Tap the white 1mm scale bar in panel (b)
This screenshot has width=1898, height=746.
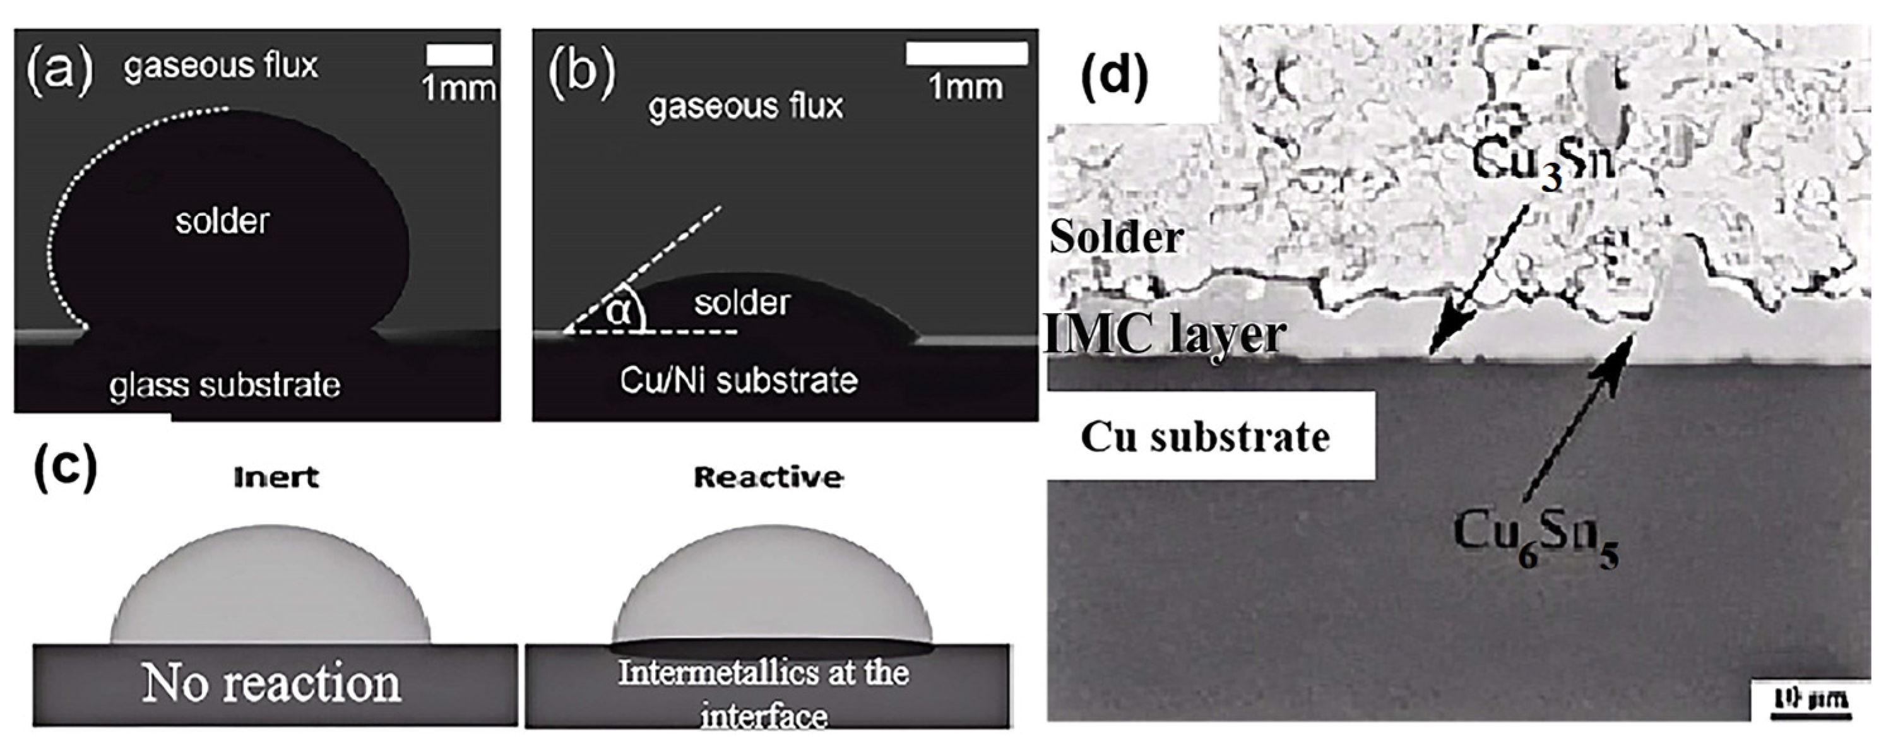[966, 53]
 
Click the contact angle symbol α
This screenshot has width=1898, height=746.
[620, 312]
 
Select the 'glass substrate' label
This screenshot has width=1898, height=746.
[225, 384]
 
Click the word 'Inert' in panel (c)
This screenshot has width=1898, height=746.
[276, 478]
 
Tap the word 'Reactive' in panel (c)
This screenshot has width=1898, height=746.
[768, 478]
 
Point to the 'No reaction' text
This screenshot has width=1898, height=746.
[272, 684]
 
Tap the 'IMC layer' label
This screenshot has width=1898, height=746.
[1164, 335]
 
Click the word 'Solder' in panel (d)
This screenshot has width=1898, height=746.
[1115, 237]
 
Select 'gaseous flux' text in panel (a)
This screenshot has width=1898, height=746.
[220, 66]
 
